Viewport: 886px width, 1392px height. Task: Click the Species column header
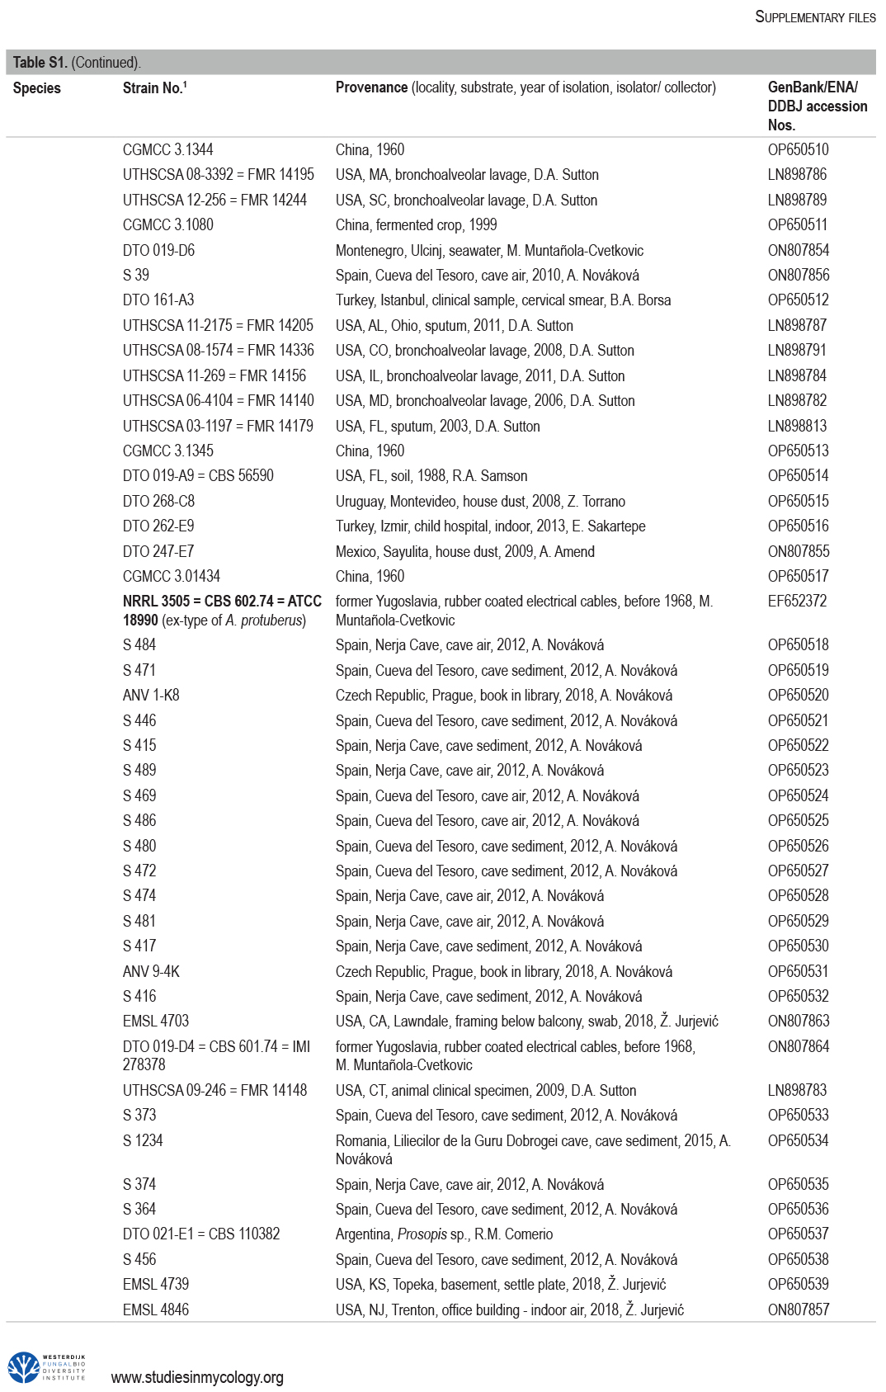[37, 88]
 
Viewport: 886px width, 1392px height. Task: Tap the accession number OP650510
[798, 150]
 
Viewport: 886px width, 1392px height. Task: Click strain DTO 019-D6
[158, 251]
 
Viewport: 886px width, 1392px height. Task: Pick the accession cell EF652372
[797, 602]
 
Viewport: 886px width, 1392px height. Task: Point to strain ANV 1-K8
[151, 696]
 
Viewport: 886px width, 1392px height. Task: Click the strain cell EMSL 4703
[156, 1022]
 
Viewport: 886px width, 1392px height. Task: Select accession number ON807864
[798, 1047]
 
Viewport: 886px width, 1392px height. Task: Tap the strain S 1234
[143, 1141]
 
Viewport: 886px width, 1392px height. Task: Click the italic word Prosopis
[422, 1234]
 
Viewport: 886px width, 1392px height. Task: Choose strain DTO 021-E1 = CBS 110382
[201, 1234]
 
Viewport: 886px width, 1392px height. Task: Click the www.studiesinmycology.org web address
[197, 1377]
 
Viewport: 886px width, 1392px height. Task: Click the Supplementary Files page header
[815, 17]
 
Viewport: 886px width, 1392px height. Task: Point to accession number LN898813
[797, 427]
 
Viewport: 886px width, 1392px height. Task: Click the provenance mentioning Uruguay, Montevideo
[480, 502]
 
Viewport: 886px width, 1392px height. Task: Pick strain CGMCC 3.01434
[172, 577]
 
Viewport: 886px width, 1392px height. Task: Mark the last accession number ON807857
[798, 1310]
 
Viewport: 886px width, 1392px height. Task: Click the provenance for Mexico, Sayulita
[464, 552]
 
